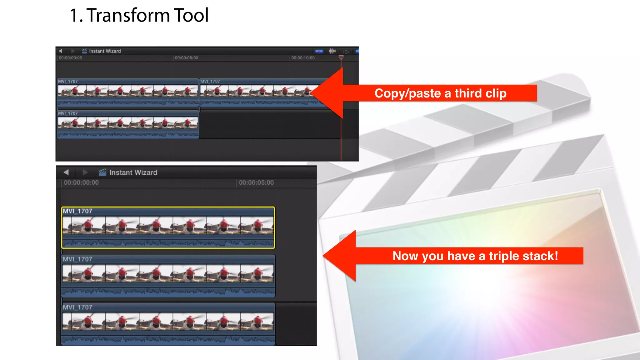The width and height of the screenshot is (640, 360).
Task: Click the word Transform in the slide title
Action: (128, 15)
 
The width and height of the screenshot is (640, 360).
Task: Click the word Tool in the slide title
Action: (191, 15)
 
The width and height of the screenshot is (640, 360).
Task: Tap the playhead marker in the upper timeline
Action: (341, 57)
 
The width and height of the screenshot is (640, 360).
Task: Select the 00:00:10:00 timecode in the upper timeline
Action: (303, 58)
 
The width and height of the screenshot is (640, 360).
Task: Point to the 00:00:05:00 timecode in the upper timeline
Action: (186, 58)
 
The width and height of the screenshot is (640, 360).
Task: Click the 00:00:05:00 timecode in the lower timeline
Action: (256, 182)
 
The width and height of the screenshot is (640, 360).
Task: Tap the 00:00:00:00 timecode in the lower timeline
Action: (81, 182)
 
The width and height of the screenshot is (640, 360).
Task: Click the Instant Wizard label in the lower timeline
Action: (133, 172)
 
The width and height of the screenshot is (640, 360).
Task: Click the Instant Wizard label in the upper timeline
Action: (105, 51)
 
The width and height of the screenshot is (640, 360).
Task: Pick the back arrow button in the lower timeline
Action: (66, 172)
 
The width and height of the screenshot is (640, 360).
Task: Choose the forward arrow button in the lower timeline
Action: (85, 172)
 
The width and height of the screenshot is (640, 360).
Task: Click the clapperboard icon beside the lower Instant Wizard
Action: (102, 172)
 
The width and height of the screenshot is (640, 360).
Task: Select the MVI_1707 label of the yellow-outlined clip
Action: (77, 211)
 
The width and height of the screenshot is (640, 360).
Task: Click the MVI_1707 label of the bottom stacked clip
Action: (77, 307)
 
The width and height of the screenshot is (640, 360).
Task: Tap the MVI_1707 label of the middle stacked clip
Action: (77, 259)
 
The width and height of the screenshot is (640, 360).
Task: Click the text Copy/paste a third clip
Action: (440, 93)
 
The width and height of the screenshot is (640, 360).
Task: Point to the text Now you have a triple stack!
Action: (475, 256)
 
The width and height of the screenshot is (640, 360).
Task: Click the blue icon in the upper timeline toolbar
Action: (319, 51)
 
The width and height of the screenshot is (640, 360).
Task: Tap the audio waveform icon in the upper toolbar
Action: (332, 51)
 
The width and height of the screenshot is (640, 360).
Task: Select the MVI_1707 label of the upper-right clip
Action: (210, 81)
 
